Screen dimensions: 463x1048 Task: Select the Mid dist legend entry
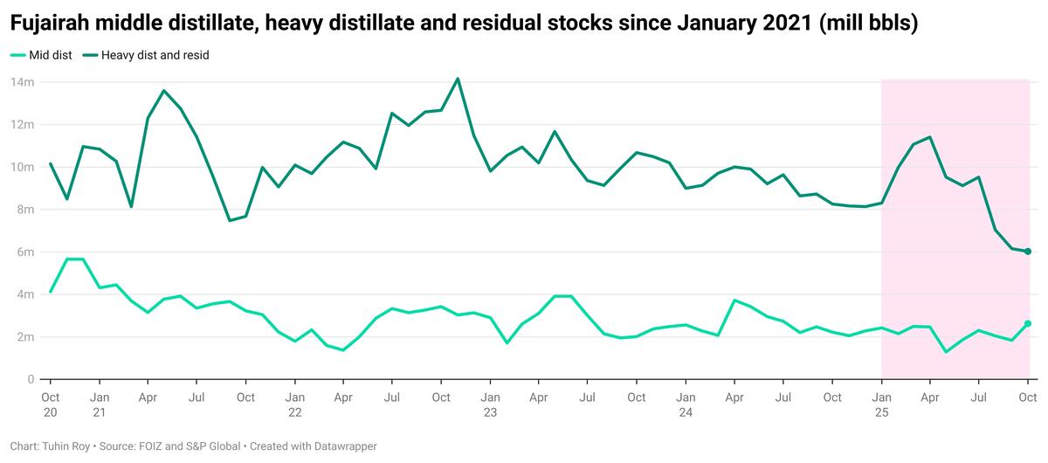[47, 55]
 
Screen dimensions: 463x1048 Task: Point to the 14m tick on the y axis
[23, 82]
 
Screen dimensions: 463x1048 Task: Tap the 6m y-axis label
[25, 252]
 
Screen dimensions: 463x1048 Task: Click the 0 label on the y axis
[31, 379]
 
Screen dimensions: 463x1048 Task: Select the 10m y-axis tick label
[23, 167]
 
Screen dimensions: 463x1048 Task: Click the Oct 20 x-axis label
[51, 404]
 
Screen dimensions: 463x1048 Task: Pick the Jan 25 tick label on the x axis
[881, 404]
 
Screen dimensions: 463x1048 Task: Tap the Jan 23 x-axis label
[490, 404]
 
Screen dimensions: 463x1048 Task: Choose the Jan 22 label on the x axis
[294, 404]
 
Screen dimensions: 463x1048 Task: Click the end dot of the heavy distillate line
[1028, 252]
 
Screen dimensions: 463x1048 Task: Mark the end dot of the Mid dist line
[1028, 323]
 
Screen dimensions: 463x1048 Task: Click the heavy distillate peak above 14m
[458, 79]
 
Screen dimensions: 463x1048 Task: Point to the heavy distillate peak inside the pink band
[930, 137]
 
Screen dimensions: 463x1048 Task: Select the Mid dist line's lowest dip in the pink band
[946, 352]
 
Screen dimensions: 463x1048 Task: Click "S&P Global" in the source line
[210, 446]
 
